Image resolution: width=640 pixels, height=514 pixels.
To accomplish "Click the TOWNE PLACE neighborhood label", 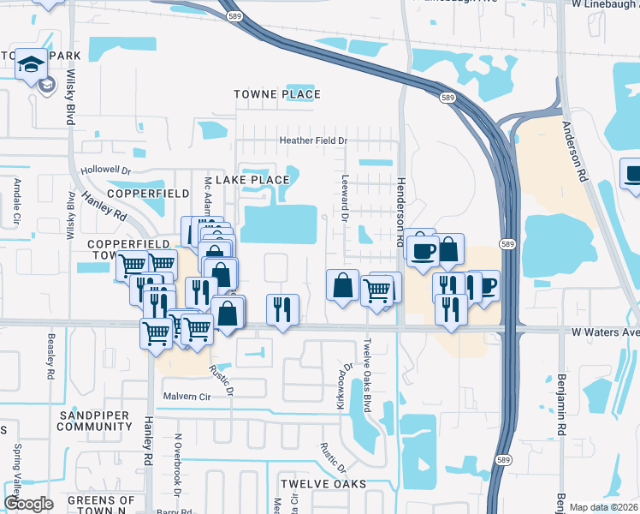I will tap(278, 94).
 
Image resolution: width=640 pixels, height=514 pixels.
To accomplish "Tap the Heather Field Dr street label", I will tap(314, 140).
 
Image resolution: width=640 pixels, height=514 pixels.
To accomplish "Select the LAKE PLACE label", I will tap(252, 180).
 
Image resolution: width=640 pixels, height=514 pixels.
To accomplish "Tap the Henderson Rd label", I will tap(400, 212).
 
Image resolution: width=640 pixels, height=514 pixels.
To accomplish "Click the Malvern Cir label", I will tap(187, 397).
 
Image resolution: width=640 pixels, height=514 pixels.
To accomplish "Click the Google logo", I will tap(28, 503).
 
